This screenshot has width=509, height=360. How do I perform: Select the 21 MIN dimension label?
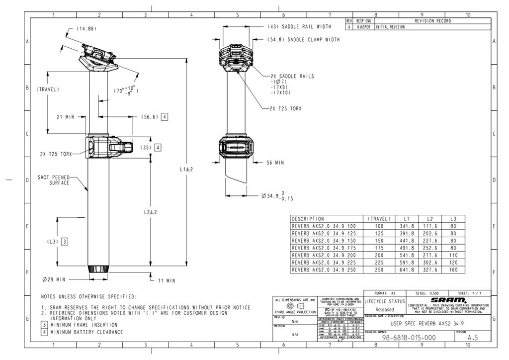pyautogui.click(x=65, y=117)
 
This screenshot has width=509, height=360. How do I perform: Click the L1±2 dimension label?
pyautogui.click(x=186, y=169)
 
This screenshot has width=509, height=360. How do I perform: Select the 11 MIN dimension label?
pyautogui.click(x=167, y=281)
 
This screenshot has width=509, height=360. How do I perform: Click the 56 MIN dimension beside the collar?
pyautogui.click(x=275, y=163)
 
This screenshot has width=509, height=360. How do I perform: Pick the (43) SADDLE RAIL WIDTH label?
pyautogui.click(x=299, y=26)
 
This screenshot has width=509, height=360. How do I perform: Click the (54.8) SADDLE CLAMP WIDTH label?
pyautogui.click(x=303, y=39)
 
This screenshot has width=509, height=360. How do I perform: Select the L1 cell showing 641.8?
pyautogui.click(x=407, y=270)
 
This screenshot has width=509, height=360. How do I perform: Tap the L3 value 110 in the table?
pyautogui.click(x=453, y=255)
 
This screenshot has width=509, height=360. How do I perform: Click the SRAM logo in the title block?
pyautogui.click(x=448, y=300)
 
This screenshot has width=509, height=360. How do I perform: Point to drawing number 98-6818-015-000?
pyautogui.click(x=409, y=338)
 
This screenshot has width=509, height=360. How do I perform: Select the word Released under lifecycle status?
pyautogui.click(x=385, y=309)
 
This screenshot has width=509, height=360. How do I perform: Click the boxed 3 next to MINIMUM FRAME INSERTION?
pyautogui.click(x=44, y=325)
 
